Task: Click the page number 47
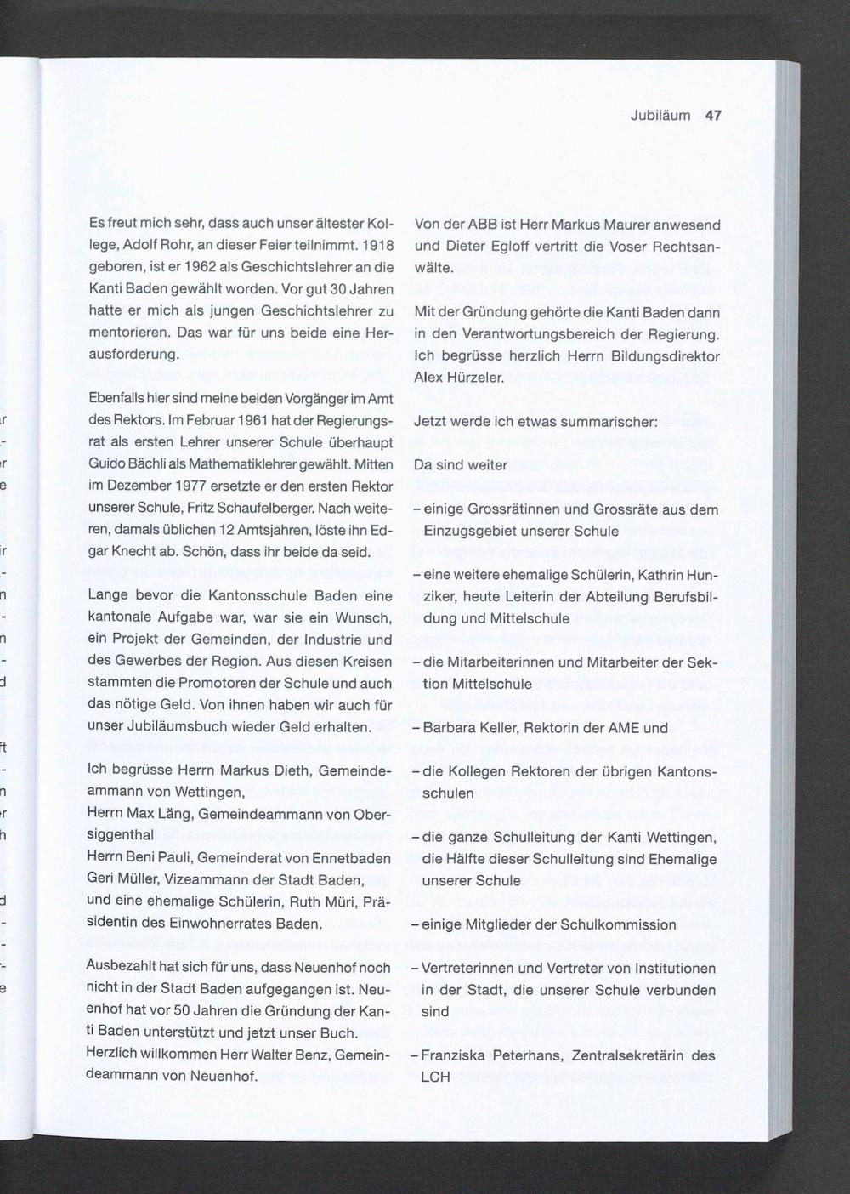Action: pyautogui.click(x=713, y=116)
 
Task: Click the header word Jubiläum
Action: pyautogui.click(x=660, y=116)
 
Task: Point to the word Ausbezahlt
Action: pyautogui.click(x=122, y=968)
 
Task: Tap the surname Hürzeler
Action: pyautogui.click(x=478, y=378)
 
